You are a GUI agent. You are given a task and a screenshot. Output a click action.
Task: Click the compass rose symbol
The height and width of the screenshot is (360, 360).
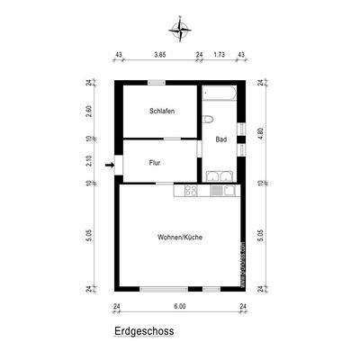pos(184,30)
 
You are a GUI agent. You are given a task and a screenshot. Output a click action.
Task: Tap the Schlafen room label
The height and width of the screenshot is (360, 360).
pos(162,111)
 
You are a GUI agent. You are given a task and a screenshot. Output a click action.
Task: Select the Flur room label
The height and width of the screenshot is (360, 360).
pos(155,165)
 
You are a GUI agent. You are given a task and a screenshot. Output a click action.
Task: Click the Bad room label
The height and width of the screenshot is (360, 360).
pos(220,139)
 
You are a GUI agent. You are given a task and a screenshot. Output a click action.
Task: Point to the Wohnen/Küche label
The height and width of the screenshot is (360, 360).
pos(179,237)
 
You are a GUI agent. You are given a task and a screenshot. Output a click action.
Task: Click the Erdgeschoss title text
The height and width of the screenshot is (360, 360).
pos(144,330)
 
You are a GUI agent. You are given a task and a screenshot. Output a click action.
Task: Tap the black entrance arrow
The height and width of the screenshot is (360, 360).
pos(110,165)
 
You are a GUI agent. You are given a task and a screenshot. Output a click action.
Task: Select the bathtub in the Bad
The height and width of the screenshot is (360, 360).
pos(219,94)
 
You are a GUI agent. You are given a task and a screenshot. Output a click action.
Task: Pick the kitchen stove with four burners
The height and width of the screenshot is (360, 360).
pos(192,190)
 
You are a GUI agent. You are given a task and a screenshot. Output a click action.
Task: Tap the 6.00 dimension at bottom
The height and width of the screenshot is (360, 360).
pos(179,307)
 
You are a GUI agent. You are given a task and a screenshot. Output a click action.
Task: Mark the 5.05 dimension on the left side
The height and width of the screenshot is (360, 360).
pos(90,236)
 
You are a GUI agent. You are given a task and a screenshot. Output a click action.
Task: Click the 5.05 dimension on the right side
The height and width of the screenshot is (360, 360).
pos(260,236)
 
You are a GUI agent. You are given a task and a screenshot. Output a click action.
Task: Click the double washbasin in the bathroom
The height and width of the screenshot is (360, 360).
pos(222,175)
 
